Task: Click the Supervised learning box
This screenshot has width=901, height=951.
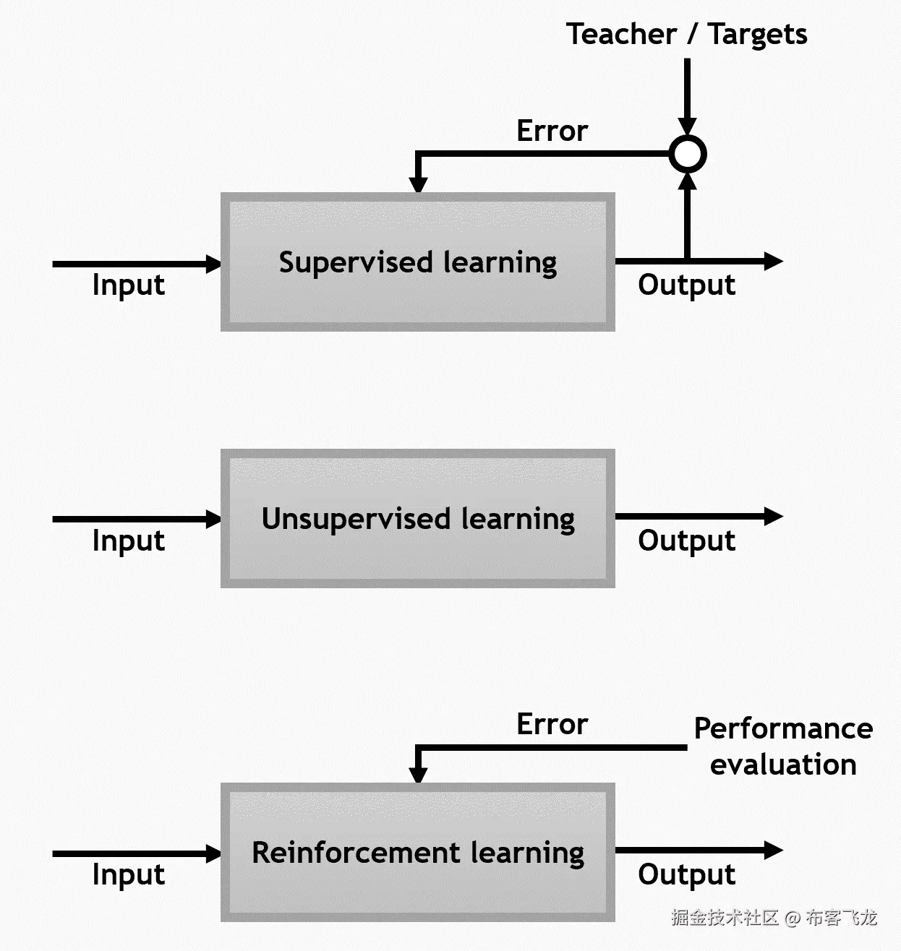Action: [x=417, y=262]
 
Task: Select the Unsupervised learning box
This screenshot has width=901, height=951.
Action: [x=417, y=518]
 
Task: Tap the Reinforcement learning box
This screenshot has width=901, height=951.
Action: [x=417, y=852]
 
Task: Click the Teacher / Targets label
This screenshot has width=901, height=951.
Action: [x=686, y=34]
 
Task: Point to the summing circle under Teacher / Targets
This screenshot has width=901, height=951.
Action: [x=687, y=154]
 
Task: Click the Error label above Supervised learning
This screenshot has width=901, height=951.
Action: [x=552, y=131]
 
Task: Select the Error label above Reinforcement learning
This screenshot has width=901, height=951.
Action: [x=552, y=724]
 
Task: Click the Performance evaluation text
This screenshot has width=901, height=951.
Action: [x=783, y=746]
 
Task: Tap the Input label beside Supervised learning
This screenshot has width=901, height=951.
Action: [x=128, y=285]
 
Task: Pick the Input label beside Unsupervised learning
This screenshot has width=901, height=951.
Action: [x=128, y=541]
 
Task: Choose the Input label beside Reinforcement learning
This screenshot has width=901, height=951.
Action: [x=128, y=874]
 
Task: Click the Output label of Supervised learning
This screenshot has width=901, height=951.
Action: [x=686, y=285]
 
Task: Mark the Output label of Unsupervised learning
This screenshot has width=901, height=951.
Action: [x=686, y=541]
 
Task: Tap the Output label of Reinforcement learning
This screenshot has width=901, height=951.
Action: [x=686, y=874]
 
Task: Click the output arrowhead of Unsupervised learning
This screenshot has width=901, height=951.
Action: [x=773, y=516]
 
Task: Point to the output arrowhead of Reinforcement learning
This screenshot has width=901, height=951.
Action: [x=773, y=850]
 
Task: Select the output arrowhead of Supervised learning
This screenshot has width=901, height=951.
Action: [x=773, y=261]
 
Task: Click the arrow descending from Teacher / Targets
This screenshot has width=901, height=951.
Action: [x=687, y=94]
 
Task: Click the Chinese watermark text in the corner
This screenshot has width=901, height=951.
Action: [x=773, y=918]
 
